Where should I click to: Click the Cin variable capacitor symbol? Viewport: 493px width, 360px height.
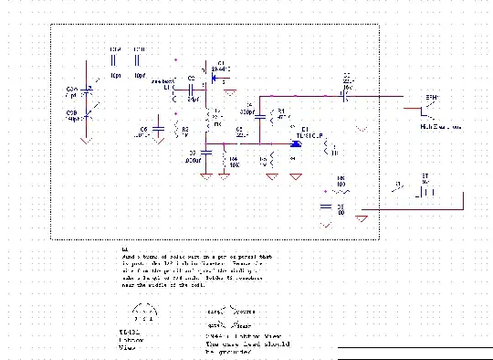tap(88, 89)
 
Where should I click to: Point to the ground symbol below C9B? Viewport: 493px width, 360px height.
tap(85, 141)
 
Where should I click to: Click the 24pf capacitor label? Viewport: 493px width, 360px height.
tap(193, 98)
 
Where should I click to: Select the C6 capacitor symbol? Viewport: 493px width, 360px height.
tap(159, 130)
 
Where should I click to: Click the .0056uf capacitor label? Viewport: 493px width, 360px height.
tap(192, 161)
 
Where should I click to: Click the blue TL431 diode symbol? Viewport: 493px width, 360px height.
tap(297, 143)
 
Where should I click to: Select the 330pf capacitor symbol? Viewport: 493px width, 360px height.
tap(259, 116)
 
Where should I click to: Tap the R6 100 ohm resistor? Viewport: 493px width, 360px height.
tap(341, 190)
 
